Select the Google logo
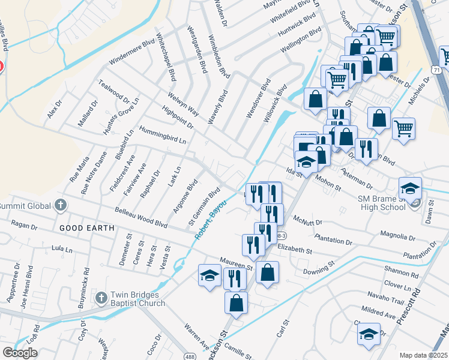tap(20, 353)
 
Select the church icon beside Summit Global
tap(60, 205)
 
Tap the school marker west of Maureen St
tap(209, 275)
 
